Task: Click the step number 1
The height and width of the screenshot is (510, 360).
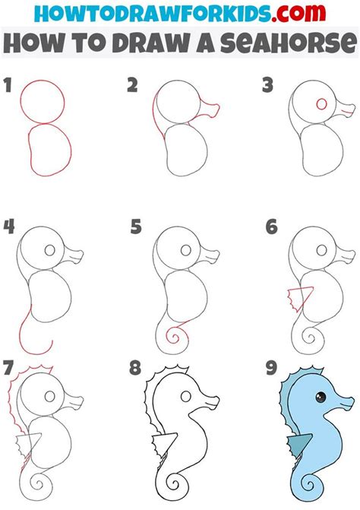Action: tap(8, 86)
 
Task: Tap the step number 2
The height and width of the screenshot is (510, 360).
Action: tap(131, 86)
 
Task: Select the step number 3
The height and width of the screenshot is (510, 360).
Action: tap(267, 86)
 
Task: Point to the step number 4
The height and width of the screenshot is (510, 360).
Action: tap(9, 226)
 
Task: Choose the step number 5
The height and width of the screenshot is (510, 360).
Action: tap(136, 226)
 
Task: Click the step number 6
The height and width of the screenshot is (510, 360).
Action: tap(272, 226)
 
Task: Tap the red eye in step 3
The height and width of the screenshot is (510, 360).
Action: tap(321, 104)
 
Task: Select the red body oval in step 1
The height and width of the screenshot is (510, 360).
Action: tap(49, 150)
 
